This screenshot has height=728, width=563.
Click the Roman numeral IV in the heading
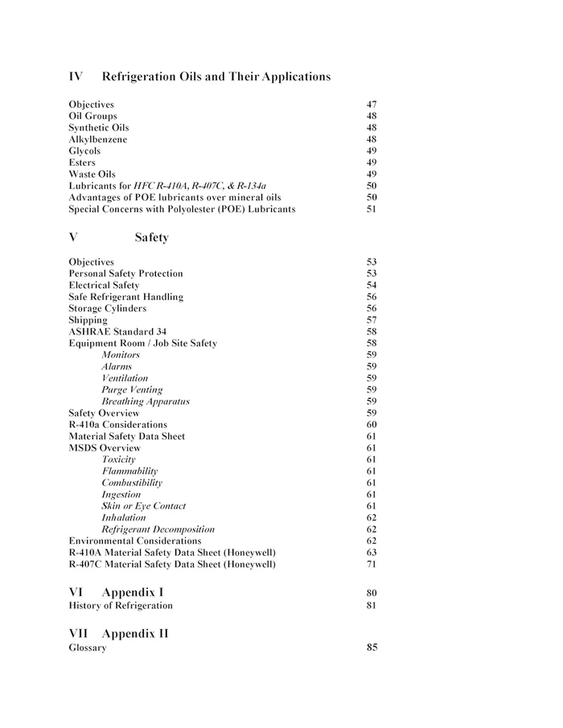point(76,76)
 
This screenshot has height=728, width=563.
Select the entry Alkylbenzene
point(97,139)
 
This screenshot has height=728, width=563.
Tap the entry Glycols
point(84,150)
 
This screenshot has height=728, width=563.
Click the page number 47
point(372,105)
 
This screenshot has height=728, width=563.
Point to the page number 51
point(372,209)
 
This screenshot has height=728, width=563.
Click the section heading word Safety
point(151,238)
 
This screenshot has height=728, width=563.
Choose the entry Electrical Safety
point(104,285)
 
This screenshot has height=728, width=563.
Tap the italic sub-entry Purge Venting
point(132,389)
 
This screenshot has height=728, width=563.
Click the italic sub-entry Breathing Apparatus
point(146,401)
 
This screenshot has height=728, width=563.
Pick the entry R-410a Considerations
point(117,424)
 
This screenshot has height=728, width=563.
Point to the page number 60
point(372,424)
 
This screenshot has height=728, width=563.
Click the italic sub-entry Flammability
point(129,471)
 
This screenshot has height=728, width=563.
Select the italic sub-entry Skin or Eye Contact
point(143,506)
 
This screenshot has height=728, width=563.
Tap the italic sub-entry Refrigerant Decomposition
point(158,529)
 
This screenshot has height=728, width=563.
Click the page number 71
point(372,564)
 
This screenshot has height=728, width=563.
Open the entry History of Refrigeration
point(121,605)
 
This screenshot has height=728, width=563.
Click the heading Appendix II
point(135,633)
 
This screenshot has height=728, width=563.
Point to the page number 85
point(372,648)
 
